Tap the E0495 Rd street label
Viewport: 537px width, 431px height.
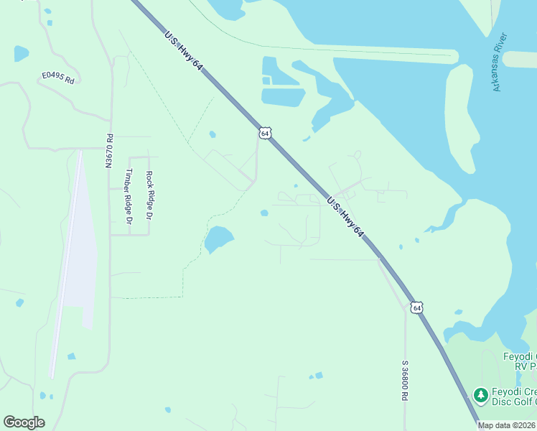point(58,77)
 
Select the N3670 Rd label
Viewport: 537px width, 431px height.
point(109,152)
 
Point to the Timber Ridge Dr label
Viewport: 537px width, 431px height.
point(130,196)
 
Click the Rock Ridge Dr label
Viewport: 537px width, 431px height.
point(149,195)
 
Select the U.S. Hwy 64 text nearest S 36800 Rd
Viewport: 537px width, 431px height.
point(346,218)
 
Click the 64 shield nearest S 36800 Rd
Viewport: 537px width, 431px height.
point(417,307)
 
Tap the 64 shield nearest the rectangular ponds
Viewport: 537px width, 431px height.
point(266,134)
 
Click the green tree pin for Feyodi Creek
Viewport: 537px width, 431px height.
point(480,394)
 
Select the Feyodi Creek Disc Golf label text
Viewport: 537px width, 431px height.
point(513,397)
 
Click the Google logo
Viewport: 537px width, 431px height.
point(24,422)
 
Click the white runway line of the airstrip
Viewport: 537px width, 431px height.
point(65,266)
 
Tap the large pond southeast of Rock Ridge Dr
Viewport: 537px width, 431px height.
point(218,238)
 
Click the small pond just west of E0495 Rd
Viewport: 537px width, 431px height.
point(21,53)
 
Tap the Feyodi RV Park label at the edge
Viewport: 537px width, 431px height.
point(520,361)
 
